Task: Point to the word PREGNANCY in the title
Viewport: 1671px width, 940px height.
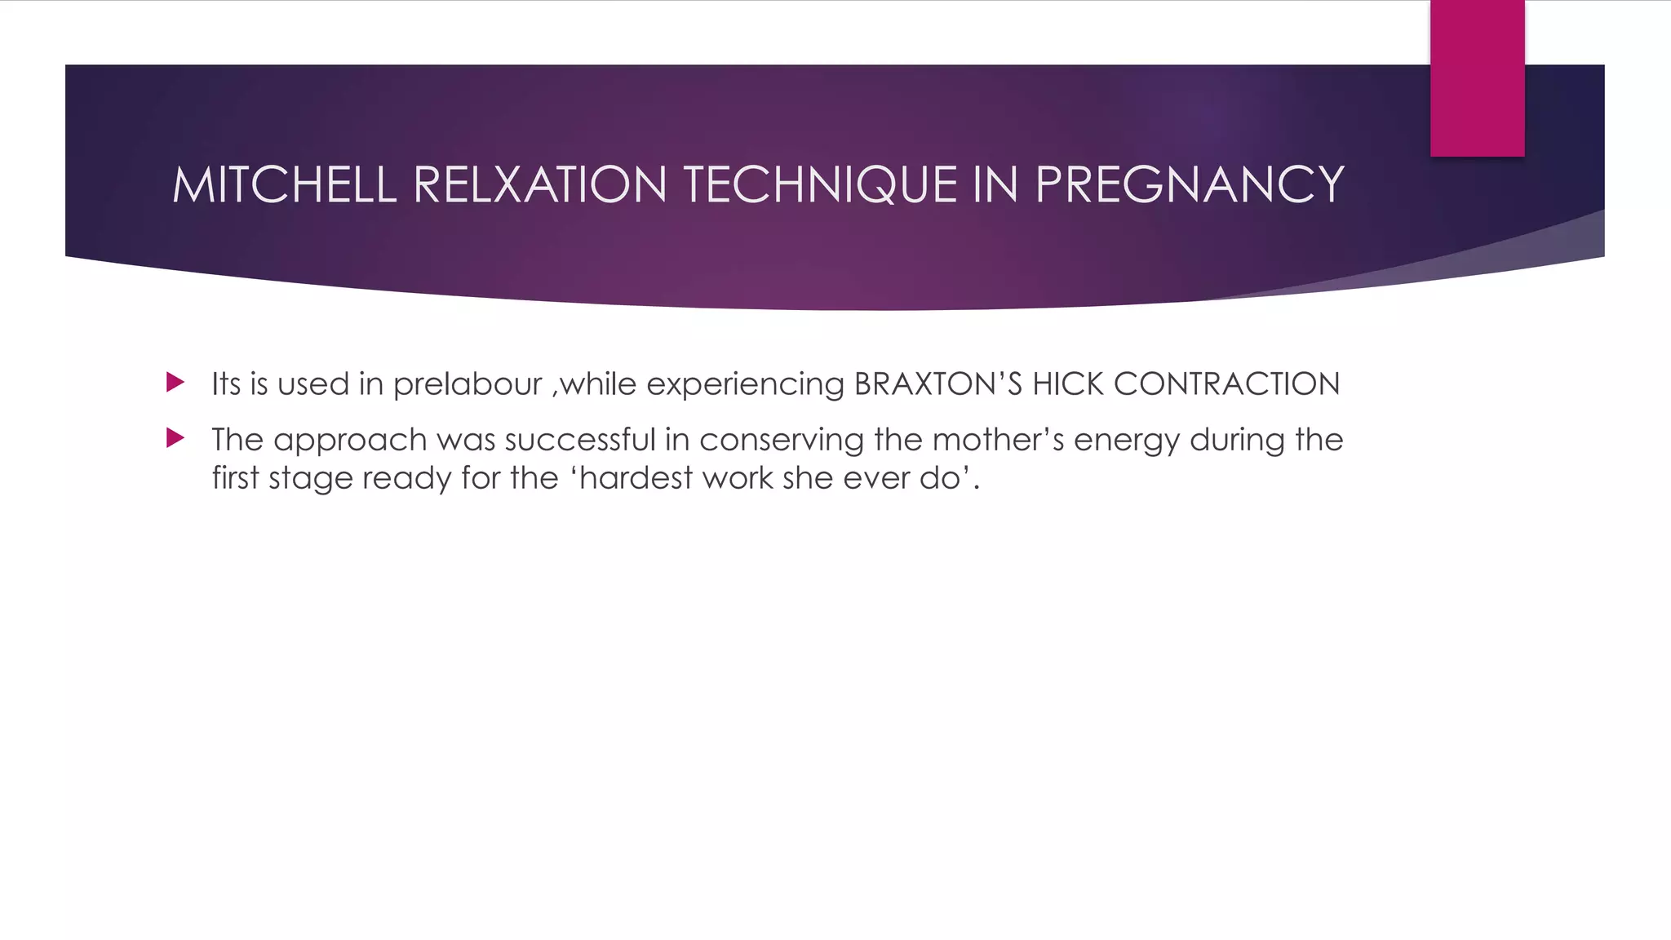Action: coord(1190,184)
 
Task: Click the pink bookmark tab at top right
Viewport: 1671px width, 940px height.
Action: coord(1477,78)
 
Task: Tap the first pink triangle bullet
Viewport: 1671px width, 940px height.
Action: coord(175,382)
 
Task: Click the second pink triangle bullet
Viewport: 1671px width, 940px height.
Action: coord(175,438)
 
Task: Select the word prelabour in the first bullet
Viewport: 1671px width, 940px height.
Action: coord(468,384)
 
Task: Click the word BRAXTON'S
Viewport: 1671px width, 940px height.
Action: coord(937,384)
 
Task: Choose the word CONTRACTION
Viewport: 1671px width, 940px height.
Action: coord(1226,384)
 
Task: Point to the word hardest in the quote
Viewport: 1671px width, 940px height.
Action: coord(636,477)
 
